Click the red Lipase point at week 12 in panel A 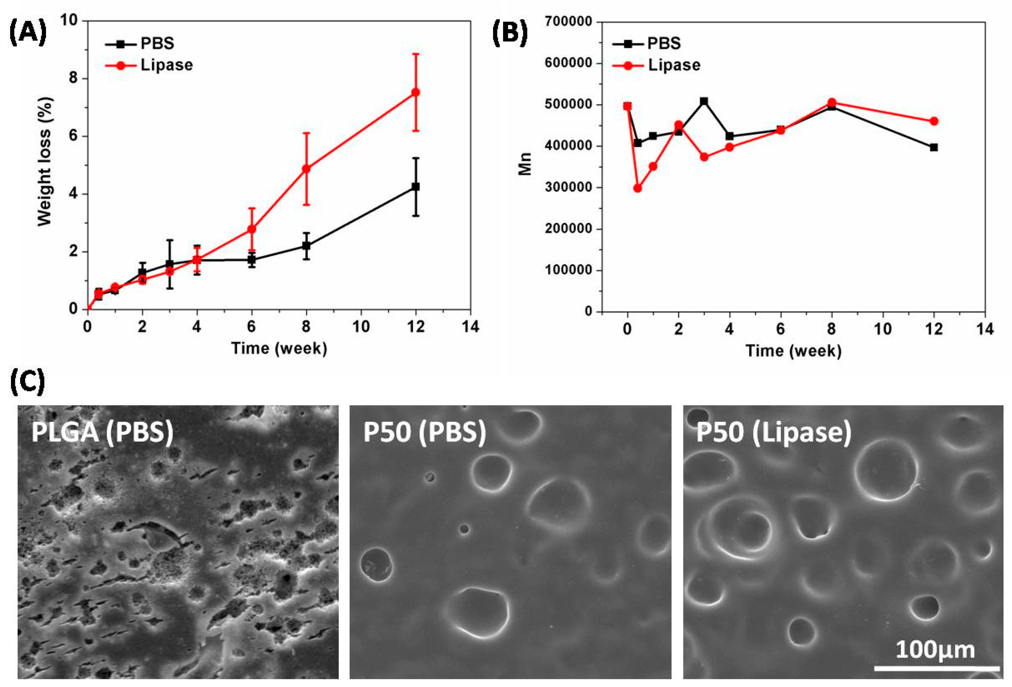point(415,92)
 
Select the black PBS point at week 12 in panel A point(415,186)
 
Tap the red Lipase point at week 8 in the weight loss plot point(306,168)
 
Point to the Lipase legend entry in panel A point(166,65)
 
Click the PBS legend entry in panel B point(663,43)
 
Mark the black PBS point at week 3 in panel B point(704,101)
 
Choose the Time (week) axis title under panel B point(793,351)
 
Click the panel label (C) point(27,382)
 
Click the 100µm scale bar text point(934,650)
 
